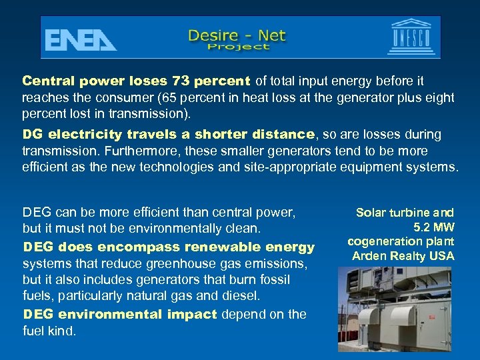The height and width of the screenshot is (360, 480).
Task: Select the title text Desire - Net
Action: click(x=237, y=33)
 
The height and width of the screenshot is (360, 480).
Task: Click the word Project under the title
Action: click(x=239, y=47)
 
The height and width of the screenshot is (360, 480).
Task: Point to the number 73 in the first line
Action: click(x=181, y=81)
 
